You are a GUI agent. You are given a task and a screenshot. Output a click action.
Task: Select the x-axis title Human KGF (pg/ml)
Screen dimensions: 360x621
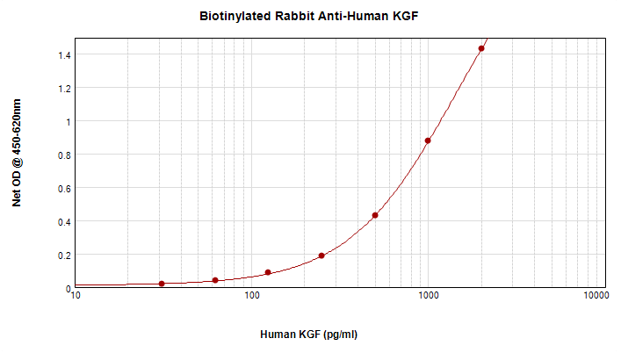coord(309,335)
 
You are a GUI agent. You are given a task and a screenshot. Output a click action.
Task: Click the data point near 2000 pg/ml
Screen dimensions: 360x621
coord(481,48)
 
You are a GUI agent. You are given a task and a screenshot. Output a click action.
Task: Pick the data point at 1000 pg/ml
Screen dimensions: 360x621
coord(428,140)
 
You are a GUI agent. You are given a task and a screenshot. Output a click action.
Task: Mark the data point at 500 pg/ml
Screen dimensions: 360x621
coord(375,215)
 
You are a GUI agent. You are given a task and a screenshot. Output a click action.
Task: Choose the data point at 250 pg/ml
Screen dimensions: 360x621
coord(321,256)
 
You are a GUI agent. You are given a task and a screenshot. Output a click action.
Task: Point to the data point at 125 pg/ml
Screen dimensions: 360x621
coord(268,272)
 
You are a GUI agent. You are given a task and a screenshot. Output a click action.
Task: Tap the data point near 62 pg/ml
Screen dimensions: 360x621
coord(215,280)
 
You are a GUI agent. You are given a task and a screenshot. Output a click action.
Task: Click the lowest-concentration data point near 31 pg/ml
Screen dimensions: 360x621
coord(162,284)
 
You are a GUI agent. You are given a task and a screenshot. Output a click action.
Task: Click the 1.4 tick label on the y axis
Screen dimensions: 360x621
coord(62,55)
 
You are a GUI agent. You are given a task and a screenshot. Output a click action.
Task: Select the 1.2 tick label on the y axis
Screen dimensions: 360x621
coord(62,89)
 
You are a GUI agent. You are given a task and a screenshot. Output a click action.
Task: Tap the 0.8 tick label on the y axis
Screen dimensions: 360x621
coord(62,155)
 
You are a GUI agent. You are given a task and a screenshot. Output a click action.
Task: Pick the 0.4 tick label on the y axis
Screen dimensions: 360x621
coord(62,222)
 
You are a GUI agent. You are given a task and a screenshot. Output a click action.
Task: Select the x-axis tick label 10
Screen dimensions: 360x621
coord(76,298)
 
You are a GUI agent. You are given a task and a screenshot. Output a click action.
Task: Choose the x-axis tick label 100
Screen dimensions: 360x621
coord(252,298)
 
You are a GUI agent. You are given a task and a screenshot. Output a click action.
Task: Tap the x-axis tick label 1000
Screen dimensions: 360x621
coord(428,298)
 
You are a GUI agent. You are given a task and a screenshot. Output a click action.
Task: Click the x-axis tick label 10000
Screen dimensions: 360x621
coord(596,298)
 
